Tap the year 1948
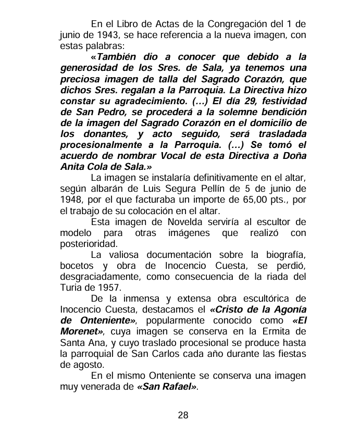(71, 200)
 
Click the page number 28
(183, 415)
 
